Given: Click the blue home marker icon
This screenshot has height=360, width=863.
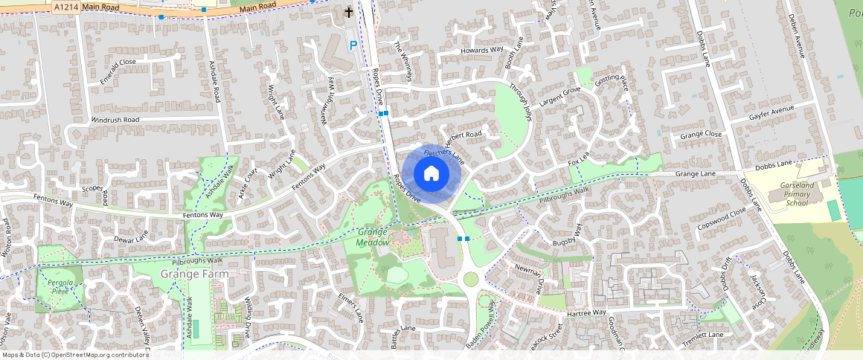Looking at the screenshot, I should pyautogui.click(x=431, y=174).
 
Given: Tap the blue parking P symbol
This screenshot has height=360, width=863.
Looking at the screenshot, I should pyautogui.click(x=353, y=46).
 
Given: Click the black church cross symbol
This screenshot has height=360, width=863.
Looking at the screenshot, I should pyautogui.click(x=349, y=13).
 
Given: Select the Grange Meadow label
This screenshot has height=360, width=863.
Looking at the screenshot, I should pyautogui.click(x=373, y=237).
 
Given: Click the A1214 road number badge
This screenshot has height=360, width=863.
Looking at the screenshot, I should pyautogui.click(x=65, y=6).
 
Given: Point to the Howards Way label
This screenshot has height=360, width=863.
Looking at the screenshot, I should pyautogui.click(x=482, y=50).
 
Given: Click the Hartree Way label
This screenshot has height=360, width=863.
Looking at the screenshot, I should pyautogui.click(x=588, y=313).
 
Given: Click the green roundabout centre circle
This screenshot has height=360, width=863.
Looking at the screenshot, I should pyautogui.click(x=470, y=279).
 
